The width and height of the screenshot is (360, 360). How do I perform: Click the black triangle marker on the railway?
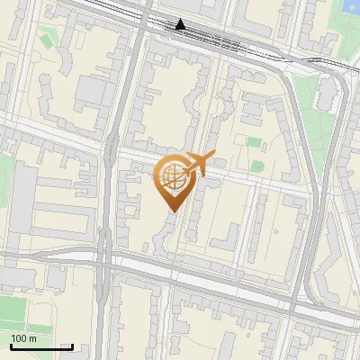(x=181, y=24)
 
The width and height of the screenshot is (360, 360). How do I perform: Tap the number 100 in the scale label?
(x=19, y=338)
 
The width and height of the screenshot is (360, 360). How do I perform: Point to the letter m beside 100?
(x=32, y=338)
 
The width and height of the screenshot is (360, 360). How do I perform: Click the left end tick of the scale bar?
(x=11, y=346)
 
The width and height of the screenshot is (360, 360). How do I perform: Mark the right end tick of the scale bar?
(x=72, y=346)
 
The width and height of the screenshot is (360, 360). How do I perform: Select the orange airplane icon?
(x=200, y=165)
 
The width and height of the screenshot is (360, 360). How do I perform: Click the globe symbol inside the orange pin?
(x=173, y=176)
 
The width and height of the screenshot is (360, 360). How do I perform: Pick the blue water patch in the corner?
(x=350, y=9)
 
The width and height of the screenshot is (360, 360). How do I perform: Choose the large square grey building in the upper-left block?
(x=92, y=90)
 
